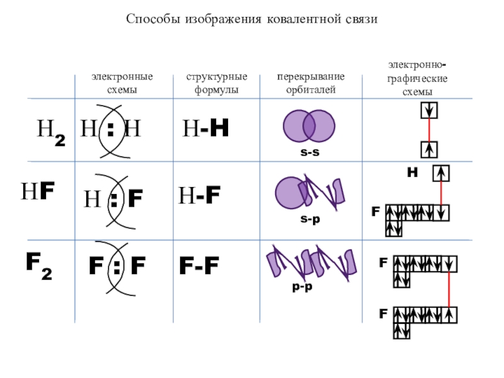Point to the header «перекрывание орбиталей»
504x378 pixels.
click(x=311, y=83)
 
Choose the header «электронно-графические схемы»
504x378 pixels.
click(x=418, y=78)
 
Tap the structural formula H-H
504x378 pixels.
click(x=205, y=129)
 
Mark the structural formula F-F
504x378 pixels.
click(x=199, y=266)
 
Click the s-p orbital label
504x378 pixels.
click(x=308, y=217)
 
